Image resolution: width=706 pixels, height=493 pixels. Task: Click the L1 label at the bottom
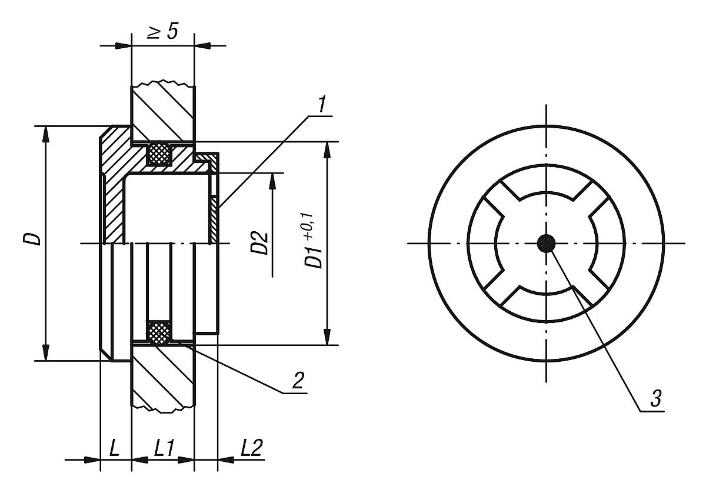click(x=163, y=449)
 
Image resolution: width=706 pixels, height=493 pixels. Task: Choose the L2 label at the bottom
click(x=251, y=449)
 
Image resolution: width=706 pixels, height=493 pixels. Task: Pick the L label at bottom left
click(x=115, y=449)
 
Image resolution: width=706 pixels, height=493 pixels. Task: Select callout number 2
click(x=298, y=381)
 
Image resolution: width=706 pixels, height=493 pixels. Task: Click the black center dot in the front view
click(x=547, y=242)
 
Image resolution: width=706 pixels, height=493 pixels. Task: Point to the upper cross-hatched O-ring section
click(x=159, y=154)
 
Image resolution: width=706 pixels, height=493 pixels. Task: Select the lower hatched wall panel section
click(x=162, y=377)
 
